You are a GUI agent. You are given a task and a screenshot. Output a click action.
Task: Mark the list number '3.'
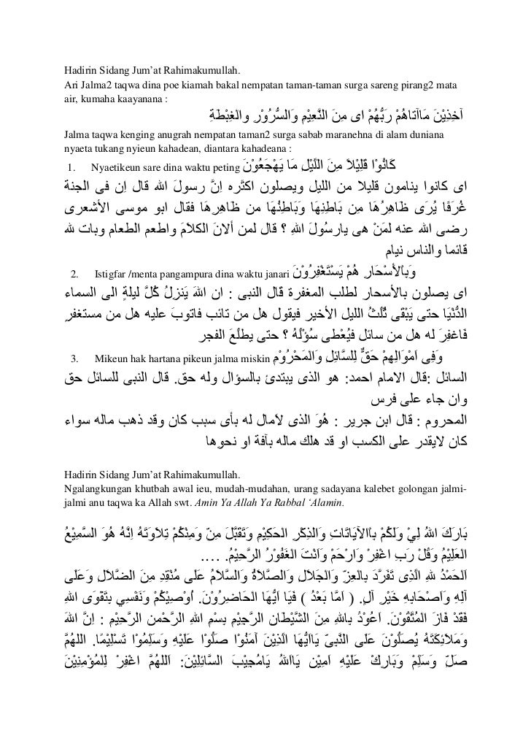(x=74, y=358)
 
